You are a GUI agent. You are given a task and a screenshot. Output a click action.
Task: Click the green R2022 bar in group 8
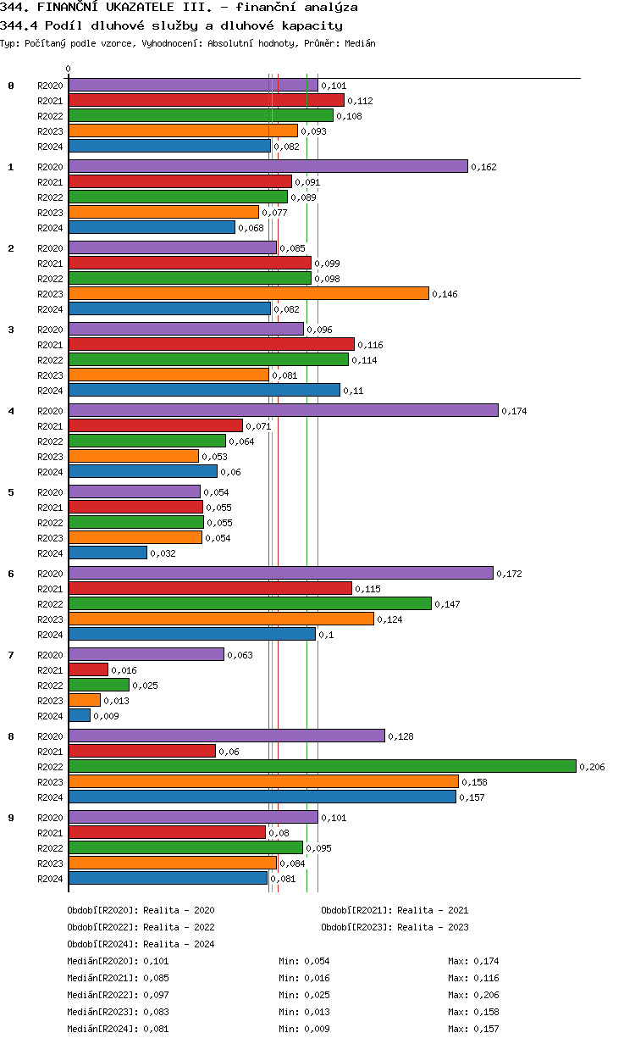322,766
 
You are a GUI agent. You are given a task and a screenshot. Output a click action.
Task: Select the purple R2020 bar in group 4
283,410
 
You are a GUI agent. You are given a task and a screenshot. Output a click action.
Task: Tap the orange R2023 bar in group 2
248,293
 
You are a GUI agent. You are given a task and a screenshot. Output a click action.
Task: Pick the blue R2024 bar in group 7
80,715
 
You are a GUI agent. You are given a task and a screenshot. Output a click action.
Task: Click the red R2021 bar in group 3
211,344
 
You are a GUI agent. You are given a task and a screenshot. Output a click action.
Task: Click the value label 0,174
513,411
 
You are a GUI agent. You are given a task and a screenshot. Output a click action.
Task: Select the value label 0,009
106,716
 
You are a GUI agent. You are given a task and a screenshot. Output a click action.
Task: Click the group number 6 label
11,574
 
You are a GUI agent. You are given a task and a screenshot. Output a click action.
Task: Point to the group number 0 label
11,86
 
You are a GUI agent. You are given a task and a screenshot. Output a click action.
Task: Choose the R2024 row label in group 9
50,879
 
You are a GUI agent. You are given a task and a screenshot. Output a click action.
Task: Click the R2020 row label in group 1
50,167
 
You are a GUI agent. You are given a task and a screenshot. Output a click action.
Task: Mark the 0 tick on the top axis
69,69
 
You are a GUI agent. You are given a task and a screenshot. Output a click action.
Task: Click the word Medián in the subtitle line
359,43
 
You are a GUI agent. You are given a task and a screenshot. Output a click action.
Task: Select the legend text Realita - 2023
433,927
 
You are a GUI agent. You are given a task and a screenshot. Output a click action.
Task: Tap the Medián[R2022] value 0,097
156,995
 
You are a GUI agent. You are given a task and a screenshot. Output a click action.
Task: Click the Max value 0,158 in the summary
486,1012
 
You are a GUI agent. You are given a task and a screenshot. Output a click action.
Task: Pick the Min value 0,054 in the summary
317,961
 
